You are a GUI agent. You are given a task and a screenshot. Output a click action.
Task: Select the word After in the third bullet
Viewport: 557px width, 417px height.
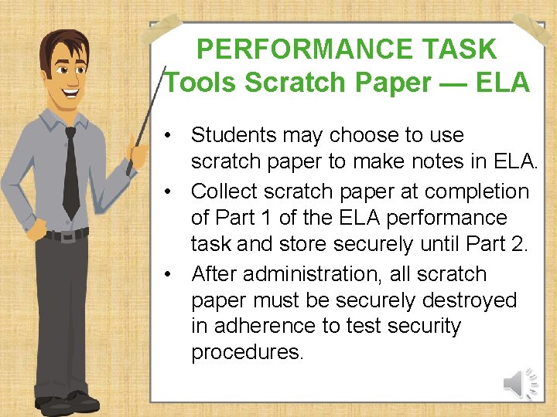click(x=215, y=274)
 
